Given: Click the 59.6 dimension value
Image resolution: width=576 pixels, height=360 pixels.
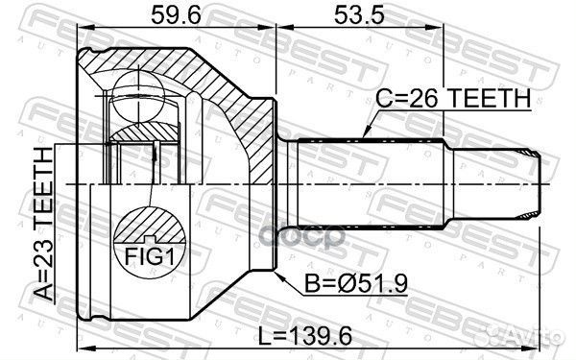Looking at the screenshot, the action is pyautogui.click(x=176, y=15).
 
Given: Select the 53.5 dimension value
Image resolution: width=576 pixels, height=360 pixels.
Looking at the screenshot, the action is pyautogui.click(x=359, y=15).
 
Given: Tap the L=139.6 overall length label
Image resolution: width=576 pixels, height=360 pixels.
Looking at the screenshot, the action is pyautogui.click(x=305, y=336).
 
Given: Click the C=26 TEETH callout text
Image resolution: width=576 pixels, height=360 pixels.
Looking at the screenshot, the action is pyautogui.click(x=454, y=99).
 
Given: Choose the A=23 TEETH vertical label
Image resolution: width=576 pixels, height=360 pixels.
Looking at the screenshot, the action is pyautogui.click(x=44, y=224).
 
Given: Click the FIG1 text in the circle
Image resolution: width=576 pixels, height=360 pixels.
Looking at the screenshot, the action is pyautogui.click(x=149, y=256).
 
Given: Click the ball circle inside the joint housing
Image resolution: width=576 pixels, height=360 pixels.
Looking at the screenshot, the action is pyautogui.click(x=138, y=97).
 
